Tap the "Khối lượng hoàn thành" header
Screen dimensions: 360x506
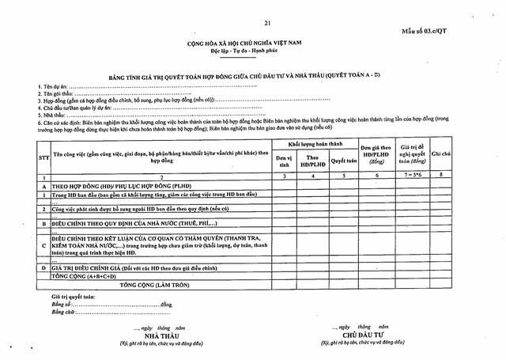pos(308,146)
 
